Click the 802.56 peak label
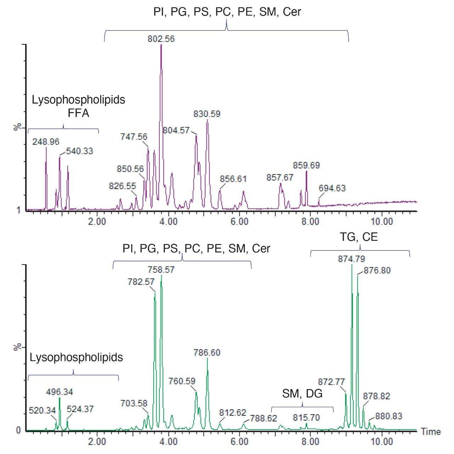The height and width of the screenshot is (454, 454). click(x=161, y=39)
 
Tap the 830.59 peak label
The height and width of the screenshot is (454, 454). click(x=207, y=114)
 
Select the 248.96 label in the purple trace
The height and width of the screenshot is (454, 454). click(x=46, y=142)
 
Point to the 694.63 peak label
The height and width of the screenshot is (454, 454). click(x=332, y=188)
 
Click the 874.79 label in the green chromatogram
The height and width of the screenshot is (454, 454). click(x=351, y=259)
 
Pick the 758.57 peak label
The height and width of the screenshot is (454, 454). click(x=161, y=270)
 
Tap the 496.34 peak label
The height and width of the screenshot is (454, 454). click(x=60, y=392)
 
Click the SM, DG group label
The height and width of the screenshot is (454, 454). click(x=302, y=393)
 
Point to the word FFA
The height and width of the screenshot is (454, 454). click(x=78, y=113)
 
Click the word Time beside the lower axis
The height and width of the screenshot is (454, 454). click(x=431, y=432)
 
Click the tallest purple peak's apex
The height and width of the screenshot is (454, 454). click(x=161, y=45)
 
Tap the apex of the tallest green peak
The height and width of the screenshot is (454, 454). click(x=351, y=265)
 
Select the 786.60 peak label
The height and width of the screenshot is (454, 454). click(x=207, y=353)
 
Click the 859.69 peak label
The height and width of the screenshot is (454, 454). click(x=306, y=165)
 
